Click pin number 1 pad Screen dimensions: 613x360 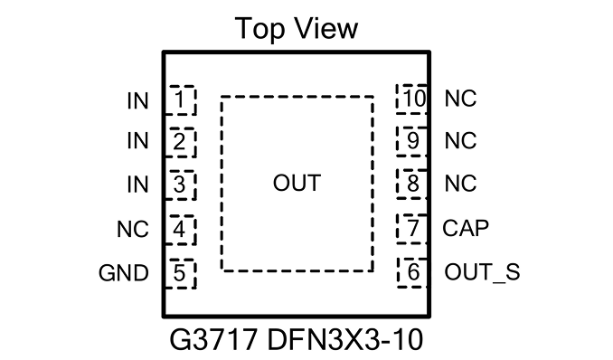pos(180,100)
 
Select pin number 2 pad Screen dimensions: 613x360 pos(180,142)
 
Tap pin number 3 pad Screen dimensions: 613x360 pos(180,185)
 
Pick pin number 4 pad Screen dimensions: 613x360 pos(180,230)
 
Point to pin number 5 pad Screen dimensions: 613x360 pos(180,273)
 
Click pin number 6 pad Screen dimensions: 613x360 pos(412,272)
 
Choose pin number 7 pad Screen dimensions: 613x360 pos(412,229)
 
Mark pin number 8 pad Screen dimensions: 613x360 pos(412,184)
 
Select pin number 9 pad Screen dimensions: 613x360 pos(412,141)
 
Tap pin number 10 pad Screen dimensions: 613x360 pos(412,99)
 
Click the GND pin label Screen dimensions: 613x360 pos(124,273)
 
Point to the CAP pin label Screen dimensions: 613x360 pos(466,228)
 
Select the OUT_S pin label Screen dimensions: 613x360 pos(482,272)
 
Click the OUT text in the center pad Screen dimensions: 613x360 pos(297,183)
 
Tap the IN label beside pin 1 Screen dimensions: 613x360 pos(137,101)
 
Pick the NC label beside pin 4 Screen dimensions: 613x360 pos(133,229)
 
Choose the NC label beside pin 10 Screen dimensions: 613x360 pos(460,99)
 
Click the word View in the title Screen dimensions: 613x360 pos(326,28)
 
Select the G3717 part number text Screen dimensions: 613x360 pos(213,340)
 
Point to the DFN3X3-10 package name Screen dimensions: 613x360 pos(344,340)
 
